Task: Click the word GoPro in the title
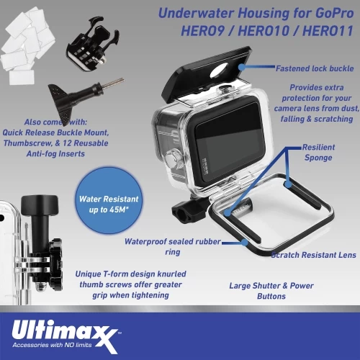point(335,13)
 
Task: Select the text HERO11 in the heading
point(328,31)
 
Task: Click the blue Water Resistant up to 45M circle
point(109,200)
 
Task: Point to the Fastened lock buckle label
point(315,68)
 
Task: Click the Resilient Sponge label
point(318,153)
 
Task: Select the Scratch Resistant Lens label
point(313,255)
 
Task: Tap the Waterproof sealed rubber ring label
point(173,246)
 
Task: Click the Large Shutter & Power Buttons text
point(271,291)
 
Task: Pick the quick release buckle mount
point(92,45)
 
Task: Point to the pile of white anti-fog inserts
point(27,45)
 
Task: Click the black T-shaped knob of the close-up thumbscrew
point(40,205)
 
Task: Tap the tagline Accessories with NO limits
point(52,345)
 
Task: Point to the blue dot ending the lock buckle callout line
point(242,67)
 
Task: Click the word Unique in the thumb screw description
point(88,274)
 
